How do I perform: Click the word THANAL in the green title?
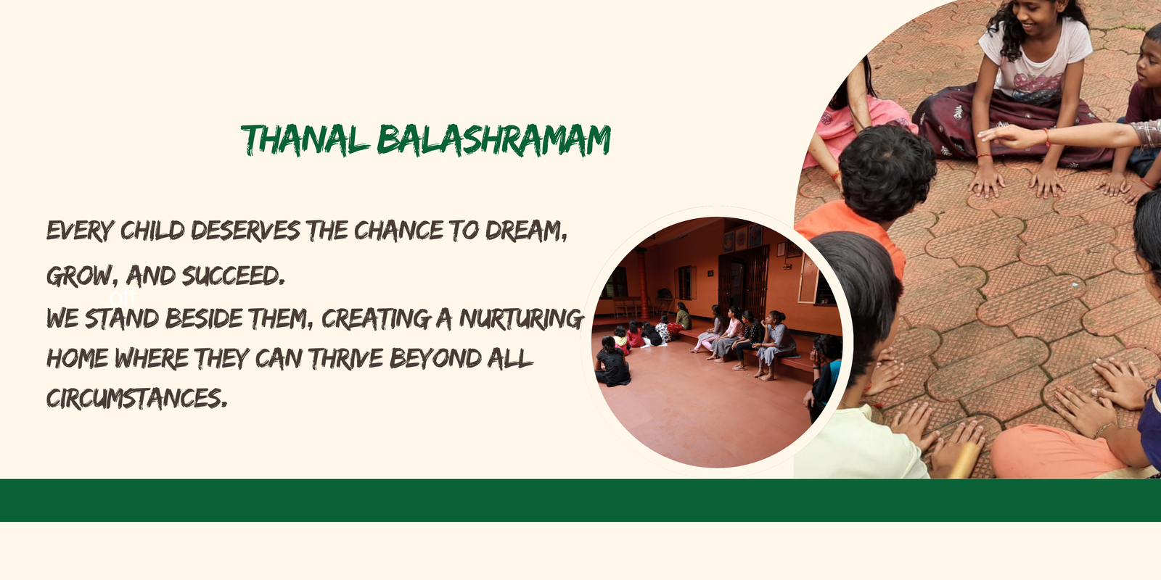point(305,140)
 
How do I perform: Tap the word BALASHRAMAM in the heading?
point(494,140)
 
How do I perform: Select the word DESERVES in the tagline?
point(245,231)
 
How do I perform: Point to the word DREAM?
point(526,231)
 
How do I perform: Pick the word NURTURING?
point(522,318)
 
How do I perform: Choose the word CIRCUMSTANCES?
point(137,399)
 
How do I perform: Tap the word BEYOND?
point(435,358)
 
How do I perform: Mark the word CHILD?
point(152,231)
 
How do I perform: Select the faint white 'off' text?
point(123,298)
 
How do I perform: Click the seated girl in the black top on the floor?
point(612,362)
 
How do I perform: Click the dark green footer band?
point(580,500)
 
